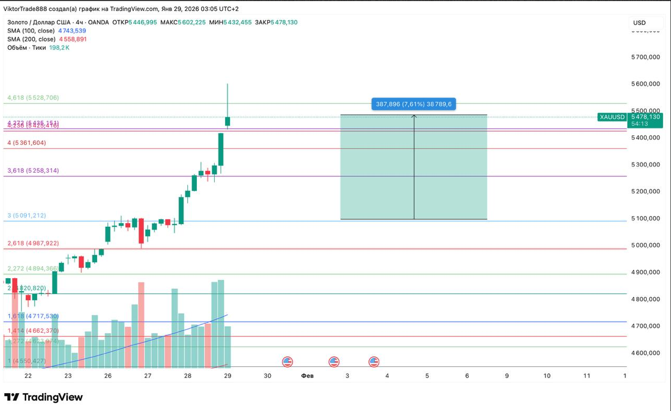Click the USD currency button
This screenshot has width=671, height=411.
pos(639,23)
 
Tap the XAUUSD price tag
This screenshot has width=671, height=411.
pos(613,117)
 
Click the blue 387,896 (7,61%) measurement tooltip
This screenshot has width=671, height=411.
pos(413,104)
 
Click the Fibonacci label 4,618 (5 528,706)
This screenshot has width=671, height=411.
pos(33,98)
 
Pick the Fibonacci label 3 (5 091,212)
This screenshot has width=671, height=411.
pos(26,215)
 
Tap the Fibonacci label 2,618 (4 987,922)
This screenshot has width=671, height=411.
pos(33,243)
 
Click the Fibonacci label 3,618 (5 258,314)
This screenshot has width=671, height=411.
pos(33,171)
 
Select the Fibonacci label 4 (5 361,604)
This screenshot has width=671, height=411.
pos(27,143)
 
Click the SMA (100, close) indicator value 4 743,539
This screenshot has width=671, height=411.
pos(72,31)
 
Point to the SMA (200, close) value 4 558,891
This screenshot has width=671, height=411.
pos(72,39)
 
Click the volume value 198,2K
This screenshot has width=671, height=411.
pos(59,48)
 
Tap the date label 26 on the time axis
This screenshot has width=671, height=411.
pos(108,376)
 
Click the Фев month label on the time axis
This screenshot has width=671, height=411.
pos(307,376)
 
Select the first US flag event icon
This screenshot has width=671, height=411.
pos(287,362)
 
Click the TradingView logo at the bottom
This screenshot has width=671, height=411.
pos(44,397)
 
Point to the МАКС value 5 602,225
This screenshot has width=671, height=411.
pos(192,23)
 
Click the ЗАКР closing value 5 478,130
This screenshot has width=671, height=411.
pos(284,23)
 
